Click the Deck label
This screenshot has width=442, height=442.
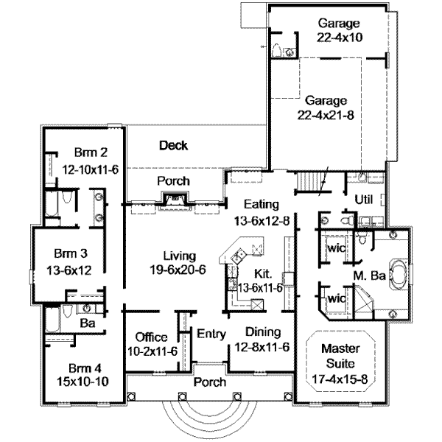coord(173,146)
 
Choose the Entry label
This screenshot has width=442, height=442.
coord(211,334)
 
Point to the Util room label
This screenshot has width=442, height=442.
coord(364,200)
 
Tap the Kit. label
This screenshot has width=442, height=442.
coord(262,273)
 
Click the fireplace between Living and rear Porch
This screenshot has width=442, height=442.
coord(175,200)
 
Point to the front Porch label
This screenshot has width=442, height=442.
coord(209,383)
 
